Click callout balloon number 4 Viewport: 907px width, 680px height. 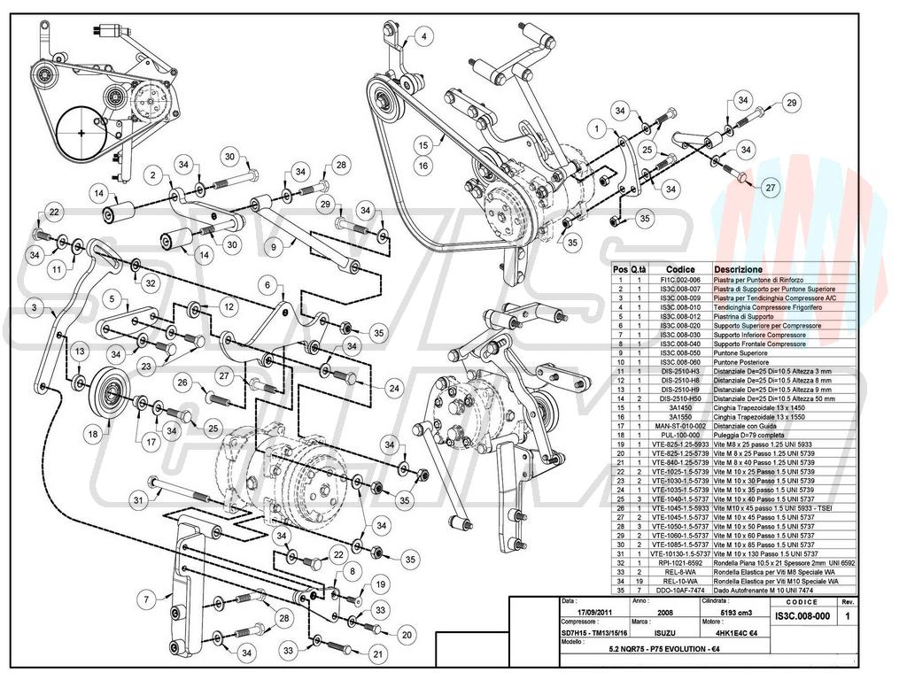coord(423,36)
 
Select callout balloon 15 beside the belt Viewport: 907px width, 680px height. coord(423,144)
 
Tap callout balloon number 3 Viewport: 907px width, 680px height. coord(34,308)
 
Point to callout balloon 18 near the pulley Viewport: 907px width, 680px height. coord(93,434)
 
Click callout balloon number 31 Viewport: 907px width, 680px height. coord(138,501)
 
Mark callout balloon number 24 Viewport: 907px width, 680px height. coord(393,387)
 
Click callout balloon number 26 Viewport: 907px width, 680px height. coord(183,383)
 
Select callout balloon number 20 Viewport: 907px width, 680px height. coord(407,634)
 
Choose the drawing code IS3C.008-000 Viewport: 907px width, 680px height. coord(802,615)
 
